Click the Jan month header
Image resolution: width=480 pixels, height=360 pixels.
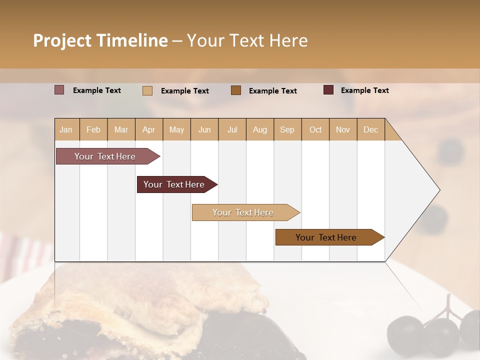coord(66,129)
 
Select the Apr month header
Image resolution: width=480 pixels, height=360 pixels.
coord(148,129)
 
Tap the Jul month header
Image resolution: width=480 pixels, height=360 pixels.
coord(232,129)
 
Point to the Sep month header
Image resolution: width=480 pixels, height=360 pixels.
coord(287,129)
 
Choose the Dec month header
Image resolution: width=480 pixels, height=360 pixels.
coord(370,129)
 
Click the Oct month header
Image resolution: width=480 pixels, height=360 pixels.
coord(315,129)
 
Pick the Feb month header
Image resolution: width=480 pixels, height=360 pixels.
coord(93,129)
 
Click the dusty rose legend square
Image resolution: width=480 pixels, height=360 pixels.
coord(59,90)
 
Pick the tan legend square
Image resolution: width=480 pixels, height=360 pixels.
coord(147,90)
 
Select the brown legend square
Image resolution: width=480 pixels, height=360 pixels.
coord(236,90)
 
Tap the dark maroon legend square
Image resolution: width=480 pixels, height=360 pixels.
coord(328,90)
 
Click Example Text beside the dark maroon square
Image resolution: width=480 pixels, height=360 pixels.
coord(364,90)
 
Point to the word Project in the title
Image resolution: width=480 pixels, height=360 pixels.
coord(62,40)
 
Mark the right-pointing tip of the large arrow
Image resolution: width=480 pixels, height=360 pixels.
coord(439,190)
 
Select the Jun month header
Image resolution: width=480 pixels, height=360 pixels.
coord(204,129)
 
